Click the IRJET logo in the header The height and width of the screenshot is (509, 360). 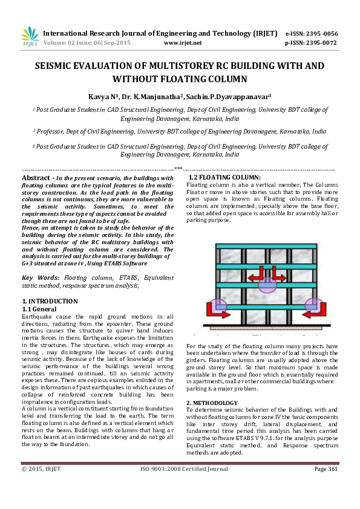click(30, 37)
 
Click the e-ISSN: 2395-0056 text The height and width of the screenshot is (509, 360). click(311, 34)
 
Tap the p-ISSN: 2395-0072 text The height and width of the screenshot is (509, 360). click(311, 44)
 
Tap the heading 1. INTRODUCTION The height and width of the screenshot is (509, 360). click(50, 301)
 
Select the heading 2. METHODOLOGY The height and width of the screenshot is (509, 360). click(212, 403)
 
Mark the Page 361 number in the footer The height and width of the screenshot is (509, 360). click(326, 487)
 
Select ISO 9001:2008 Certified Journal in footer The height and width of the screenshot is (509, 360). click(180, 487)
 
